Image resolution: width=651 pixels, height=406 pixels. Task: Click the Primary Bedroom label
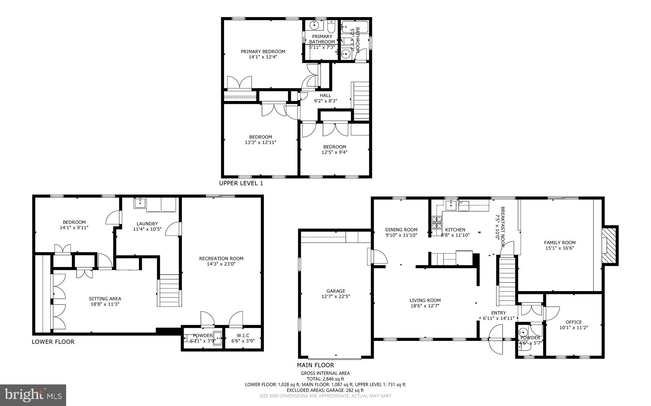point(263,52)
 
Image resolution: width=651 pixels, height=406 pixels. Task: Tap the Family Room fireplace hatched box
point(611,245)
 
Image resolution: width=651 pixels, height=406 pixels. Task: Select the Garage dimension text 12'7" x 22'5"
point(336,296)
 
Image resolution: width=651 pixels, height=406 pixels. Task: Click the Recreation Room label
point(221,258)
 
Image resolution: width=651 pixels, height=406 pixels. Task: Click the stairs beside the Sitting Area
point(169,290)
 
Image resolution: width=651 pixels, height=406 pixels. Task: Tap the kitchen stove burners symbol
point(436,222)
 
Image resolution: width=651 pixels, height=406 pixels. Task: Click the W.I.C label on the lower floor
point(243,336)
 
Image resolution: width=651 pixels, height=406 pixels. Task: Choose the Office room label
point(573,322)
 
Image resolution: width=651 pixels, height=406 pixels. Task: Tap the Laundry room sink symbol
point(140,203)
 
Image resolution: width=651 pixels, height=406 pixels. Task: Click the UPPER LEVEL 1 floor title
point(241,183)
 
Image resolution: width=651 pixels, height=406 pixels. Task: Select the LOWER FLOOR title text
point(53,342)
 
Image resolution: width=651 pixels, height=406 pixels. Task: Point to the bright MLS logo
point(33,395)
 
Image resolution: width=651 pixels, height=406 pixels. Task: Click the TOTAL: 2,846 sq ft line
point(325,379)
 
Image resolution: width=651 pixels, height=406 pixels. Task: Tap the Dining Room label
point(401,230)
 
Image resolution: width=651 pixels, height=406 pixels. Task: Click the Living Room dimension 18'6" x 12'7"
point(425,306)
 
